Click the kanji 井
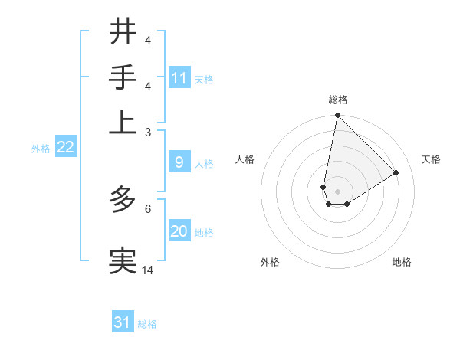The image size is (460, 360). coord(123,31)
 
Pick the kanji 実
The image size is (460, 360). coord(123,260)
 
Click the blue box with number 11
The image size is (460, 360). coord(179,78)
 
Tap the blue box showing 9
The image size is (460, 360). coord(179,162)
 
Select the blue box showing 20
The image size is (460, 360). coord(179,232)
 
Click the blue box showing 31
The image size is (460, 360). coord(123,322)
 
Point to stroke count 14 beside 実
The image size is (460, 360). coord(148,270)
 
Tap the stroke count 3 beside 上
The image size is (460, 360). coord(148,132)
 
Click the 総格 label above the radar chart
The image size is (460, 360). coord(338,100)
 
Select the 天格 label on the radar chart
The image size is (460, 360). coord(431,159)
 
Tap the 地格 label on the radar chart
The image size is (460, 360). coord(402,262)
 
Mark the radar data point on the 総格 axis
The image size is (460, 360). coord(337,116)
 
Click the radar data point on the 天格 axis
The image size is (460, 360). coord(396,173)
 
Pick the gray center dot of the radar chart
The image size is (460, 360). coord(338,191)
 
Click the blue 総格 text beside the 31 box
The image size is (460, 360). coord(147,324)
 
